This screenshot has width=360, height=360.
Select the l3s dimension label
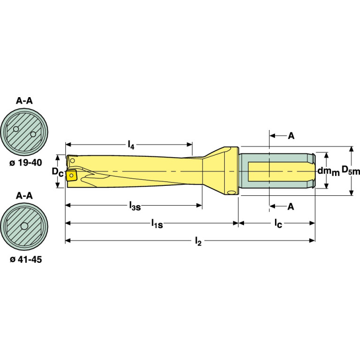[x=134, y=206]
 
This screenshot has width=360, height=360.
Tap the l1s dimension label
[x=157, y=224]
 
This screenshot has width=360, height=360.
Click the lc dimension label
[x=278, y=224]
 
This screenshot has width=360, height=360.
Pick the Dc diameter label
[x=57, y=172]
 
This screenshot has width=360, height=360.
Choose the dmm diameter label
[x=328, y=171]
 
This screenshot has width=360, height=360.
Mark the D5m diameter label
[x=350, y=171]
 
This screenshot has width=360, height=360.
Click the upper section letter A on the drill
[x=291, y=136]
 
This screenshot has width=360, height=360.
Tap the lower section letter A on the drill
[x=291, y=206]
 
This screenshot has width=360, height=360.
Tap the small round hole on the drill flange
[x=230, y=192]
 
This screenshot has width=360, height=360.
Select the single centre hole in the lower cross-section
[x=24, y=227]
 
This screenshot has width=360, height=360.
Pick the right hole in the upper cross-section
[x=33, y=134]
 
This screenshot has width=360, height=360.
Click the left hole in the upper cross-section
[x=16, y=129]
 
